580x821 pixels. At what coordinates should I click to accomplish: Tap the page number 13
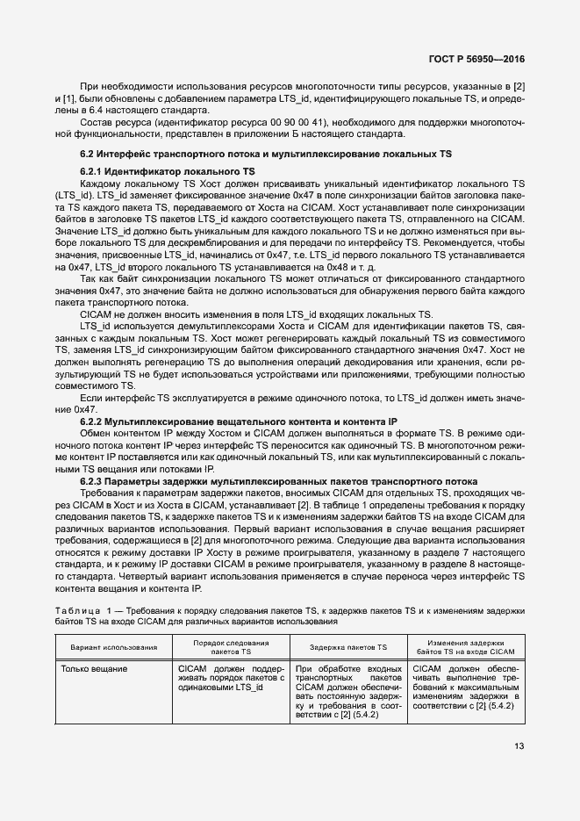(519, 747)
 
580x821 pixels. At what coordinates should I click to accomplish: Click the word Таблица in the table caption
(76, 609)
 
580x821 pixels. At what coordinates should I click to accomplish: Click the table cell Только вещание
(93, 669)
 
